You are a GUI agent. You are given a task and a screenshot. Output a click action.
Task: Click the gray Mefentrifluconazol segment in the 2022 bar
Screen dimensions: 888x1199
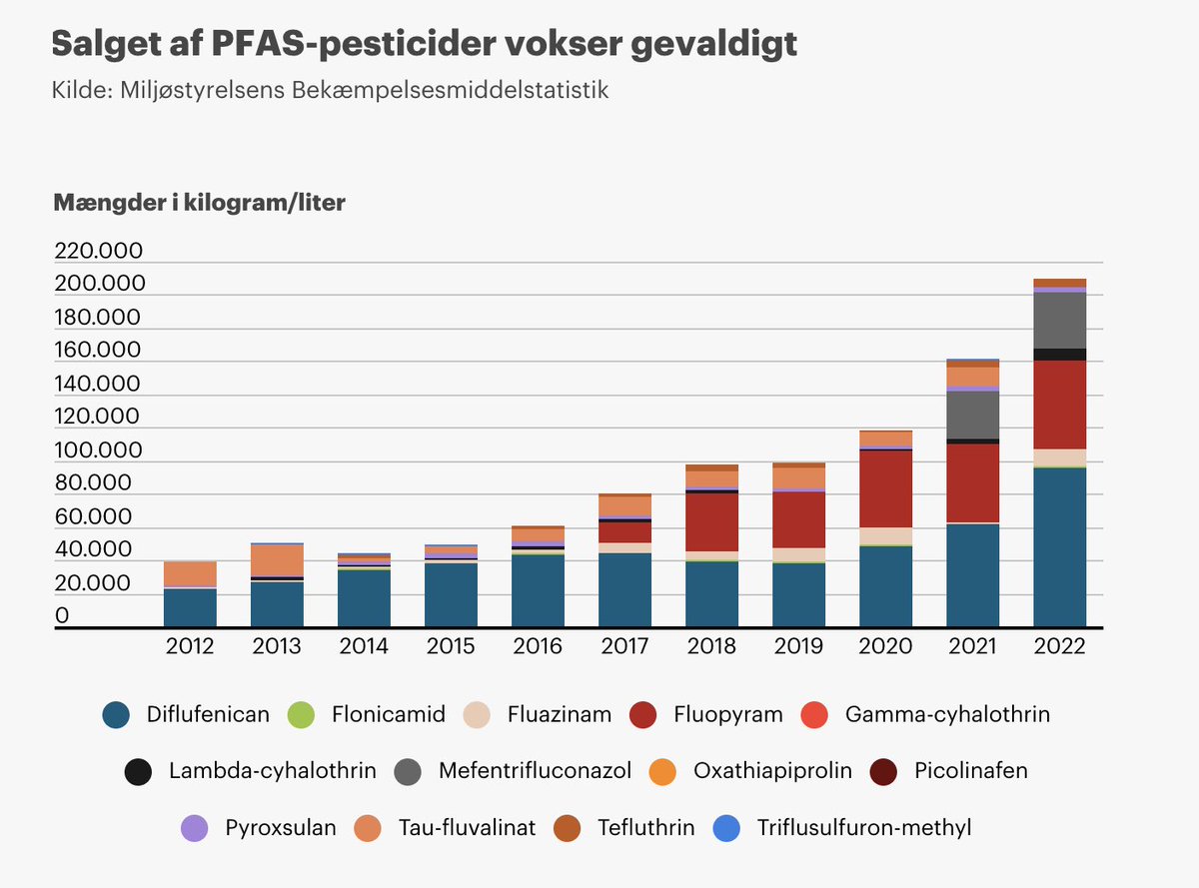pyautogui.click(x=1059, y=320)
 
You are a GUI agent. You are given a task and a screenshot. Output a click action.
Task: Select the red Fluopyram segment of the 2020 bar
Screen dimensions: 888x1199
pyautogui.click(x=885, y=488)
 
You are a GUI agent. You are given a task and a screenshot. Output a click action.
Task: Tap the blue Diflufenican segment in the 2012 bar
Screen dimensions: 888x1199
pyautogui.click(x=190, y=607)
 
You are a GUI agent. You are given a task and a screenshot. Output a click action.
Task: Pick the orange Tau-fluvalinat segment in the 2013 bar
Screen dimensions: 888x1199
pyautogui.click(x=277, y=560)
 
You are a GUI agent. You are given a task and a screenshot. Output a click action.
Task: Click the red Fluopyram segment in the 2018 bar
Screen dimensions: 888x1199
pyautogui.click(x=711, y=521)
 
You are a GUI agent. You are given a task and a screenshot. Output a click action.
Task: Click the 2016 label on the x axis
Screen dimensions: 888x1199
pyautogui.click(x=538, y=646)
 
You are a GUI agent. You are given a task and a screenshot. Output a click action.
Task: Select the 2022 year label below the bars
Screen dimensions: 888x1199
pyautogui.click(x=1059, y=646)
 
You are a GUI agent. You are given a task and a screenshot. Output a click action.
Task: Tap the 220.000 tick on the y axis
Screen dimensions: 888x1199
pyautogui.click(x=99, y=250)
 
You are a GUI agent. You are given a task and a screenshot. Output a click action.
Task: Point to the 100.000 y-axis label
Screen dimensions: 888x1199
pyautogui.click(x=99, y=450)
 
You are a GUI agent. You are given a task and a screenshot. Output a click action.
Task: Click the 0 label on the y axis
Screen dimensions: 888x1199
pyautogui.click(x=62, y=616)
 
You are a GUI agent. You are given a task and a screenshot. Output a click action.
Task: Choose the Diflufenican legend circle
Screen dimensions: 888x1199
pyautogui.click(x=116, y=715)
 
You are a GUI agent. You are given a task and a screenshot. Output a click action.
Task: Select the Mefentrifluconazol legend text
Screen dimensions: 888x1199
pyautogui.click(x=535, y=771)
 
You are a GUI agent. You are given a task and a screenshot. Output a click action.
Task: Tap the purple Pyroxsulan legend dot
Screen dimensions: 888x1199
pyautogui.click(x=194, y=828)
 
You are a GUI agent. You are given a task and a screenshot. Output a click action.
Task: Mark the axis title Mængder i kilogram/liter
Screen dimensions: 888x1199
pyautogui.click(x=199, y=203)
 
